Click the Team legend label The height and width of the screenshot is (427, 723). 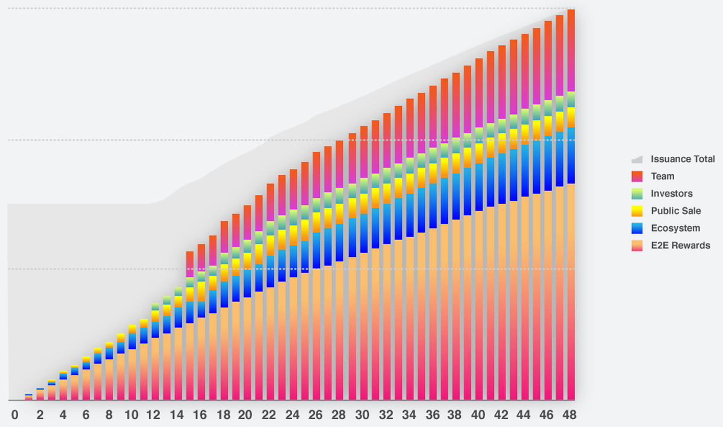click(662, 177)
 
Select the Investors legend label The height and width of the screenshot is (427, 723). click(671, 194)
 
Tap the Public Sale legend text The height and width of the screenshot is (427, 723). click(675, 211)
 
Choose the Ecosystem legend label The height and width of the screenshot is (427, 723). click(675, 228)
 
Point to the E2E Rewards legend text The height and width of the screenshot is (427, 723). click(680, 245)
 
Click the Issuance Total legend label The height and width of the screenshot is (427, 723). click(683, 159)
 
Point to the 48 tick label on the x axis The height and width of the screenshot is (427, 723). click(570, 416)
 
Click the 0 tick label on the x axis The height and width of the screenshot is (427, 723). click(16, 416)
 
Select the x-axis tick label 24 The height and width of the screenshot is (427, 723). click(292, 416)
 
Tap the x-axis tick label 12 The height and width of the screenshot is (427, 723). click(154, 416)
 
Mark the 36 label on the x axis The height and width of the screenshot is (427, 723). click(431, 416)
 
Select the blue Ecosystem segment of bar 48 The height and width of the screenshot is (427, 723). click(571, 155)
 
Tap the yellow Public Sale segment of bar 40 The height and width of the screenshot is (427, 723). click(478, 153)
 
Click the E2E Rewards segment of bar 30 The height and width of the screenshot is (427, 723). click(363, 326)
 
